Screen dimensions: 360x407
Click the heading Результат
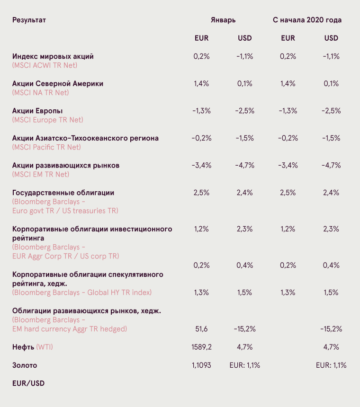click(x=29, y=20)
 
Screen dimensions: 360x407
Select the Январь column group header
click(x=223, y=20)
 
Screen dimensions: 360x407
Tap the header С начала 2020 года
click(x=307, y=20)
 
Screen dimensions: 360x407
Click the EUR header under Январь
click(x=202, y=38)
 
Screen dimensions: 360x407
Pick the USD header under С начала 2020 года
click(x=331, y=38)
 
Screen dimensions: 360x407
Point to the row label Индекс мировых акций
click(x=53, y=57)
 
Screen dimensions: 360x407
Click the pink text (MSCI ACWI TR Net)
click(x=45, y=65)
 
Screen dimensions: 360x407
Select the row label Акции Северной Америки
click(x=58, y=84)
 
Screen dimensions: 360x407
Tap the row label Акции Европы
click(x=37, y=111)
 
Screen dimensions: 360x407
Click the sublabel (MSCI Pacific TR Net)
click(x=46, y=147)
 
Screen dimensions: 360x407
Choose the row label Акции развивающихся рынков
click(x=66, y=166)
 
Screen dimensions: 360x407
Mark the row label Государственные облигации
click(x=63, y=193)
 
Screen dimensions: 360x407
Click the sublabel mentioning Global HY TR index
click(x=82, y=292)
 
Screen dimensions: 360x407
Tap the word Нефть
click(x=23, y=347)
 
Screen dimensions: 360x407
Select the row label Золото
click(x=25, y=365)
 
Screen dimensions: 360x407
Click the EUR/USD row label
click(x=28, y=383)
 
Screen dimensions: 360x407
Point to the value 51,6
click(x=202, y=329)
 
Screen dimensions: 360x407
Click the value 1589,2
click(x=202, y=347)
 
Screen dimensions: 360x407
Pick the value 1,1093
click(x=202, y=365)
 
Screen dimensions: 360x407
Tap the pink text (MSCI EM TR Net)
click(x=41, y=175)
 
